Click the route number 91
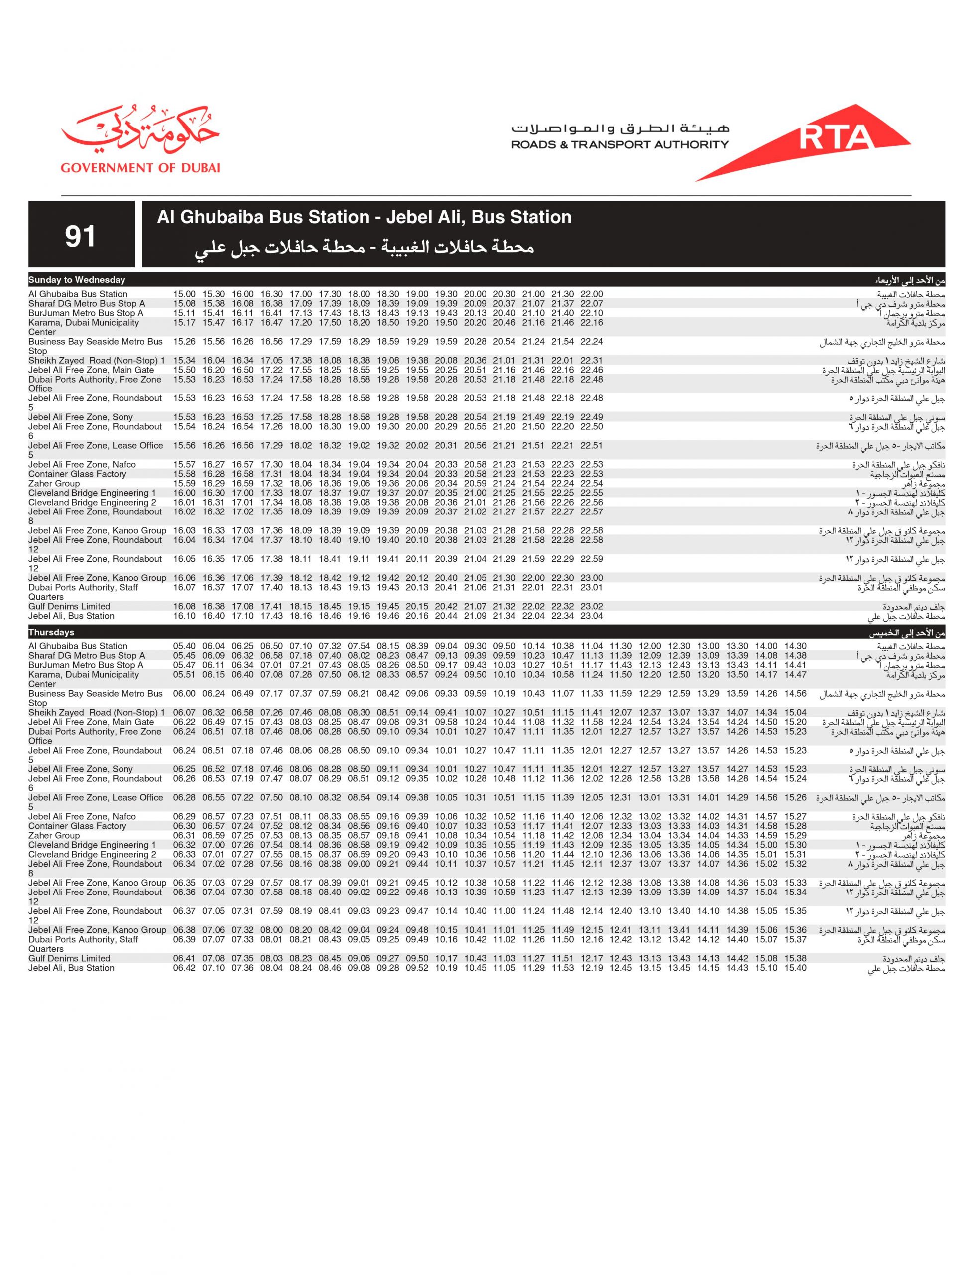pos(80,236)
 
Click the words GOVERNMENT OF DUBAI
pos(140,168)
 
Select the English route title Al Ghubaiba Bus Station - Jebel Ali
pos(364,217)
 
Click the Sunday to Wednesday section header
pos(77,280)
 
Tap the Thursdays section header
pos(52,632)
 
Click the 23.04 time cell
pos(592,616)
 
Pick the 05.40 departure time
pos(184,646)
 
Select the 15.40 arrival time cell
pos(795,968)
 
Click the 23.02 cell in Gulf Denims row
pos(592,607)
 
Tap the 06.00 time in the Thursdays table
pos(184,694)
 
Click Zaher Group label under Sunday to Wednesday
pos(54,483)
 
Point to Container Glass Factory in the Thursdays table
pos(77,826)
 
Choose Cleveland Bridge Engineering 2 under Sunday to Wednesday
pos(92,502)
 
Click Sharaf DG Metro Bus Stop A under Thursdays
pos(87,656)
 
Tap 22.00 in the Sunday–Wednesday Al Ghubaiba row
pos(592,294)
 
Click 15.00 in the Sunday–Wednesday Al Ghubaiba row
pos(184,294)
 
